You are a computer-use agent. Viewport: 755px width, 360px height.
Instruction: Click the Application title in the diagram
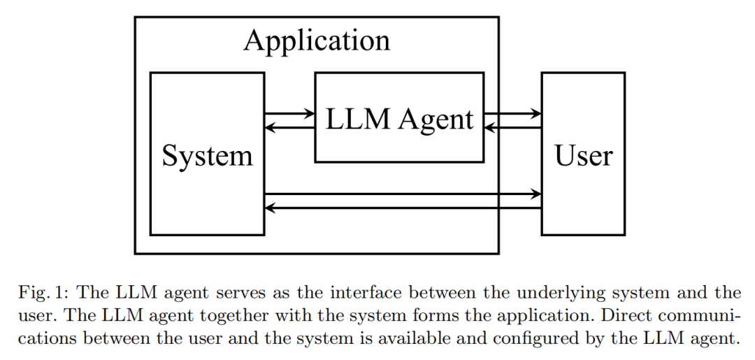click(x=317, y=41)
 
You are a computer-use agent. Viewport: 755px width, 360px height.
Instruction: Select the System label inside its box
click(x=207, y=154)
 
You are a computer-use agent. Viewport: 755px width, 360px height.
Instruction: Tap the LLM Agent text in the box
click(x=399, y=120)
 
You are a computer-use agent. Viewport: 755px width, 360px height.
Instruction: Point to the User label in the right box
click(x=583, y=154)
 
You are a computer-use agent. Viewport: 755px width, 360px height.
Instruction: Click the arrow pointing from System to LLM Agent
click(x=289, y=113)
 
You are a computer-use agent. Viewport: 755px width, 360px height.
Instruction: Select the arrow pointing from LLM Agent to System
click(x=289, y=127)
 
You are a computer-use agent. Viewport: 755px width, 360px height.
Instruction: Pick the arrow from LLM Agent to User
click(x=512, y=113)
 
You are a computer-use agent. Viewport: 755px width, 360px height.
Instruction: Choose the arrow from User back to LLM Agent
click(x=512, y=127)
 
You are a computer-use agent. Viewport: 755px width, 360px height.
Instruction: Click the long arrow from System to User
click(x=403, y=194)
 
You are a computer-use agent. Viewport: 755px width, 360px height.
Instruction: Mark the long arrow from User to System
click(x=403, y=207)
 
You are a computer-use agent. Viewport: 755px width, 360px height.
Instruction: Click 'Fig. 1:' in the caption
click(x=38, y=293)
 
